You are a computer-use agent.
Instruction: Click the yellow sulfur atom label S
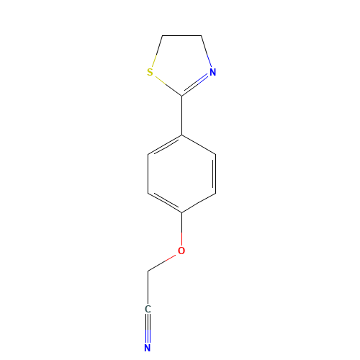[150, 72]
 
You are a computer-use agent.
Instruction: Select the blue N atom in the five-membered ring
[212, 72]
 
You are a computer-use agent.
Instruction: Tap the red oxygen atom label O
[181, 251]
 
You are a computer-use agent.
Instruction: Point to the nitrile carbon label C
[148, 309]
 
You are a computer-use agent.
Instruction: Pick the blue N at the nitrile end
[148, 348]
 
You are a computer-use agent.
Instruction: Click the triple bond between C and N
[148, 328]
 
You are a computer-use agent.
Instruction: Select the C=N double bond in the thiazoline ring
[195, 85]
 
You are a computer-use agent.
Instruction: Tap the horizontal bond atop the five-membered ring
[182, 36]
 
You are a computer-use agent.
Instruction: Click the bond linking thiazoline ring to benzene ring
[182, 115]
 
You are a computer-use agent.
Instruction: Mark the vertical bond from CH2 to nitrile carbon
[148, 288]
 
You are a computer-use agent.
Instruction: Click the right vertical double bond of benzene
[215, 174]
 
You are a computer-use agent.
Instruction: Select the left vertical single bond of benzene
[148, 174]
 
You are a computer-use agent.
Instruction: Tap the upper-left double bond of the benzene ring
[165, 145]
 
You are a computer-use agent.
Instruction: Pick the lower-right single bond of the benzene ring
[199, 203]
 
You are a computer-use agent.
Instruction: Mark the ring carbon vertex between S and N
[182, 96]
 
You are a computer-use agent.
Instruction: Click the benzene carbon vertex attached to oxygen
[182, 212]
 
